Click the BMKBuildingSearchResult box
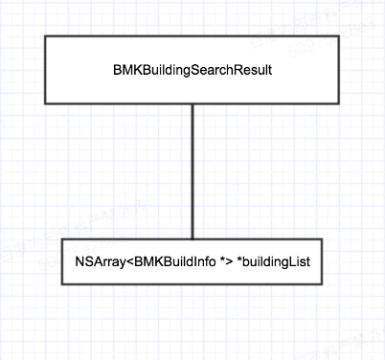point(192,70)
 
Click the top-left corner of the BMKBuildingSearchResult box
point(45,37)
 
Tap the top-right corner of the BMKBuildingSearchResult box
point(340,37)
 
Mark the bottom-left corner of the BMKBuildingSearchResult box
point(45,103)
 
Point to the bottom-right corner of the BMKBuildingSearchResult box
point(340,103)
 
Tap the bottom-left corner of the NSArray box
point(62,283)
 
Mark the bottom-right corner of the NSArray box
point(323,283)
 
